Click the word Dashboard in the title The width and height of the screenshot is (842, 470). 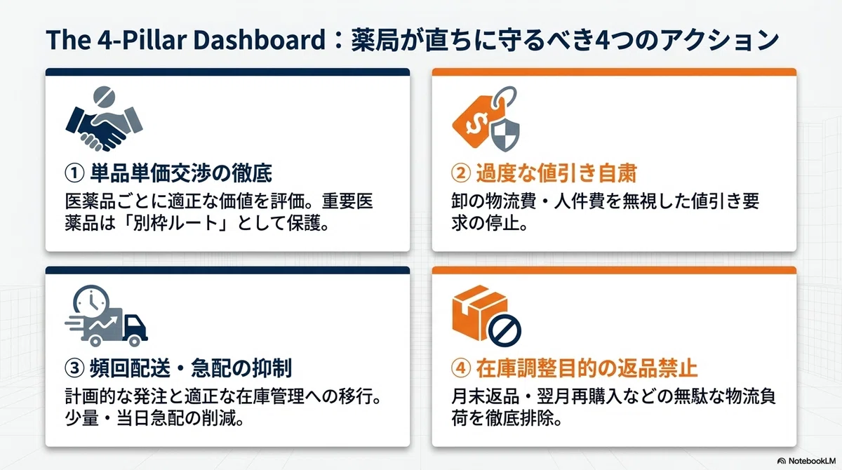pyautogui.click(x=259, y=40)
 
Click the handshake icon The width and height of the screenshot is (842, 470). pyautogui.click(x=104, y=128)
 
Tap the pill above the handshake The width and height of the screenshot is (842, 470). pyautogui.click(x=104, y=97)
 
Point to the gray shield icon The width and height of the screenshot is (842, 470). pyautogui.click(x=506, y=133)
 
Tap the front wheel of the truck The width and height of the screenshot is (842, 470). pyautogui.click(x=134, y=341)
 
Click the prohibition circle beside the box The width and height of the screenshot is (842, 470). pyautogui.click(x=504, y=330)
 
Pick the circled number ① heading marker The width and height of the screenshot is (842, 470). pyautogui.click(x=74, y=173)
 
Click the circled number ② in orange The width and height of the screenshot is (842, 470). pyautogui.click(x=461, y=173)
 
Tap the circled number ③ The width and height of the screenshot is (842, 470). pyautogui.click(x=74, y=368)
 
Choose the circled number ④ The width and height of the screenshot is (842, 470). pyautogui.click(x=461, y=368)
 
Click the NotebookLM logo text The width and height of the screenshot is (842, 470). pyautogui.click(x=812, y=461)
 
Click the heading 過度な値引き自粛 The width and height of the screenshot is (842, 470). pyautogui.click(x=556, y=173)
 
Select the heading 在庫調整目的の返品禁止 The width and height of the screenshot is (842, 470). pyautogui.click(x=587, y=368)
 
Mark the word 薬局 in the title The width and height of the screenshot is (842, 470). pyautogui.click(x=376, y=40)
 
